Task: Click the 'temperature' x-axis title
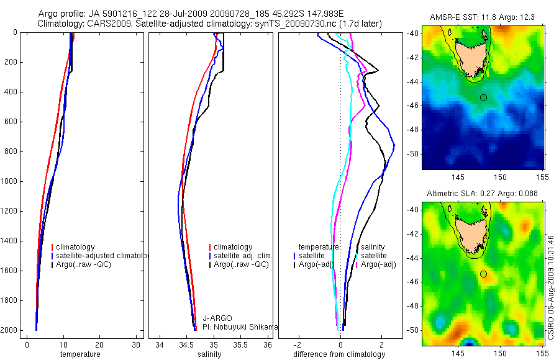pyautogui.click(x=80, y=354)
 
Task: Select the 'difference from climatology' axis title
pyautogui.click(x=339, y=354)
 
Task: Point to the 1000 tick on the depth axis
pyautogui.click(x=9, y=181)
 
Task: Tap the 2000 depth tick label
pyautogui.click(x=9, y=330)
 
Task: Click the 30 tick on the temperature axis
pyautogui.click(x=136, y=343)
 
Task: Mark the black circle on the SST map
pyautogui.click(x=483, y=97)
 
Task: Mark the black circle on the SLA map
pyautogui.click(x=483, y=274)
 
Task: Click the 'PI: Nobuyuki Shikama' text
pyautogui.click(x=240, y=326)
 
